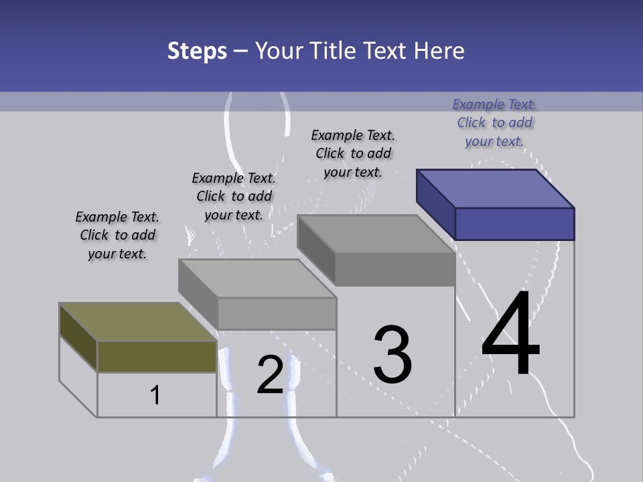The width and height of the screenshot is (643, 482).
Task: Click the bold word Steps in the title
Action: (197, 51)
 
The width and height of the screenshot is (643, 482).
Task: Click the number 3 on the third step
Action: (392, 355)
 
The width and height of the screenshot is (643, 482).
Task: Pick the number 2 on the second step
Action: (270, 375)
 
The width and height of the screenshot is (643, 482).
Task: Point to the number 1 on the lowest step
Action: (155, 395)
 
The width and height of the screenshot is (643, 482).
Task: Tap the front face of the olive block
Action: (157, 356)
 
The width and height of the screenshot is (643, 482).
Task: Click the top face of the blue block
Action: (496, 188)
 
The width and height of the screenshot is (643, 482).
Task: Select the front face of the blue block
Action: (514, 224)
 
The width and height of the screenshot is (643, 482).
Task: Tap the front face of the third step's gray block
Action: (395, 270)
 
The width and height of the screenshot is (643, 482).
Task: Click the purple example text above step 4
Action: (494, 123)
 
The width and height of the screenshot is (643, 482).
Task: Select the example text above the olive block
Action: (117, 235)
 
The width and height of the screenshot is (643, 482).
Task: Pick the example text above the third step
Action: (353, 153)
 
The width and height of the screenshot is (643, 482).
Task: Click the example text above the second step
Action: (234, 196)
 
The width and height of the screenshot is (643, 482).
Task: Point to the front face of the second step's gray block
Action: (277, 313)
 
